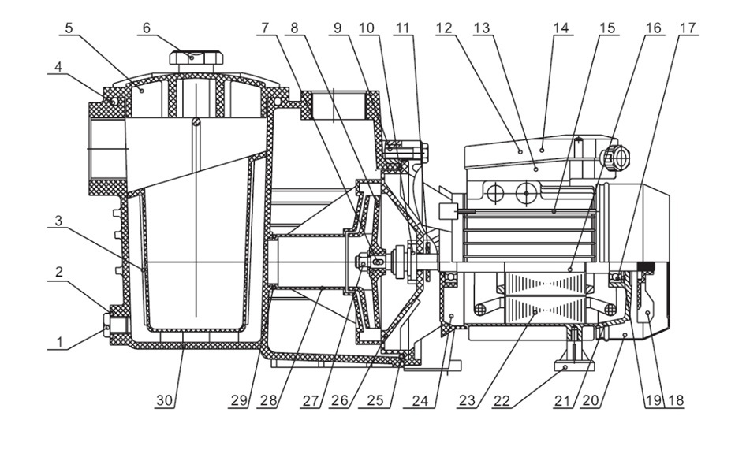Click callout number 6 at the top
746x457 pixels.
click(x=146, y=28)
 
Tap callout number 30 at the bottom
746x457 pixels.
click(x=165, y=400)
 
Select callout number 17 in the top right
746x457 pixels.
click(x=688, y=28)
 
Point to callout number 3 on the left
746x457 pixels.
click(x=58, y=221)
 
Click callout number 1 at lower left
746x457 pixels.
click(x=59, y=341)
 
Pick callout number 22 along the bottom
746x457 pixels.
click(x=502, y=400)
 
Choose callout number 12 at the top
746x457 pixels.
click(x=443, y=28)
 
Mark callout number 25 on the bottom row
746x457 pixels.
click(x=375, y=400)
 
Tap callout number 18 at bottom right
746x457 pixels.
click(x=676, y=400)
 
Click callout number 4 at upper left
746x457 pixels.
click(x=58, y=66)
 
